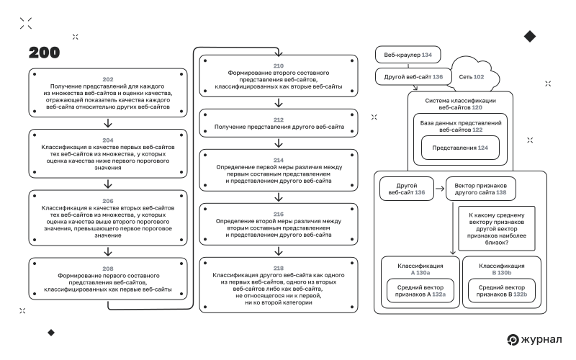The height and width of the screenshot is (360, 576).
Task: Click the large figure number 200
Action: tap(44, 53)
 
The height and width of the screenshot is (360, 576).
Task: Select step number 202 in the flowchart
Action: tap(107, 79)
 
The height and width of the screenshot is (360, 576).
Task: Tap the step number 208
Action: tap(107, 269)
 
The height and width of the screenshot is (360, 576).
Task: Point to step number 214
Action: tap(279, 160)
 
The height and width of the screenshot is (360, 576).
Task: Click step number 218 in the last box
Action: tap(279, 268)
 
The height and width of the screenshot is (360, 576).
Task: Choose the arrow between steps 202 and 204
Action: tap(107, 123)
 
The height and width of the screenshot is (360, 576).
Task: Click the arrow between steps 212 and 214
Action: tap(279, 143)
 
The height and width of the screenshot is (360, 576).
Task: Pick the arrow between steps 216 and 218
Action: tap(279, 251)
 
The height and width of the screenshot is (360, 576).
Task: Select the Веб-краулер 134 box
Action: tap(408, 55)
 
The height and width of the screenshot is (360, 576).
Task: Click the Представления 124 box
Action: tap(460, 148)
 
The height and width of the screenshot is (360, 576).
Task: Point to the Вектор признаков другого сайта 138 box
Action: tap(480, 189)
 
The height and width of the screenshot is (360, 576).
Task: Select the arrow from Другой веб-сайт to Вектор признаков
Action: tap(440, 189)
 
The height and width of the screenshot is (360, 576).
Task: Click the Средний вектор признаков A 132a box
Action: tap(420, 291)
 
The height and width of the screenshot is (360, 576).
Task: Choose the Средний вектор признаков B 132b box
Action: tap(501, 291)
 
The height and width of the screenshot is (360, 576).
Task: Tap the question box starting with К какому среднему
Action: tap(497, 228)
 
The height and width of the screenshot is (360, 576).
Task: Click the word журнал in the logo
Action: tap(541, 339)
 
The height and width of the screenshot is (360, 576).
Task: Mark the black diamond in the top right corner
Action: tap(530, 37)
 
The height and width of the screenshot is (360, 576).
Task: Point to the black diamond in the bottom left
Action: tap(51, 333)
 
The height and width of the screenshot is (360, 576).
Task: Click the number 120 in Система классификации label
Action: tap(477, 107)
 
